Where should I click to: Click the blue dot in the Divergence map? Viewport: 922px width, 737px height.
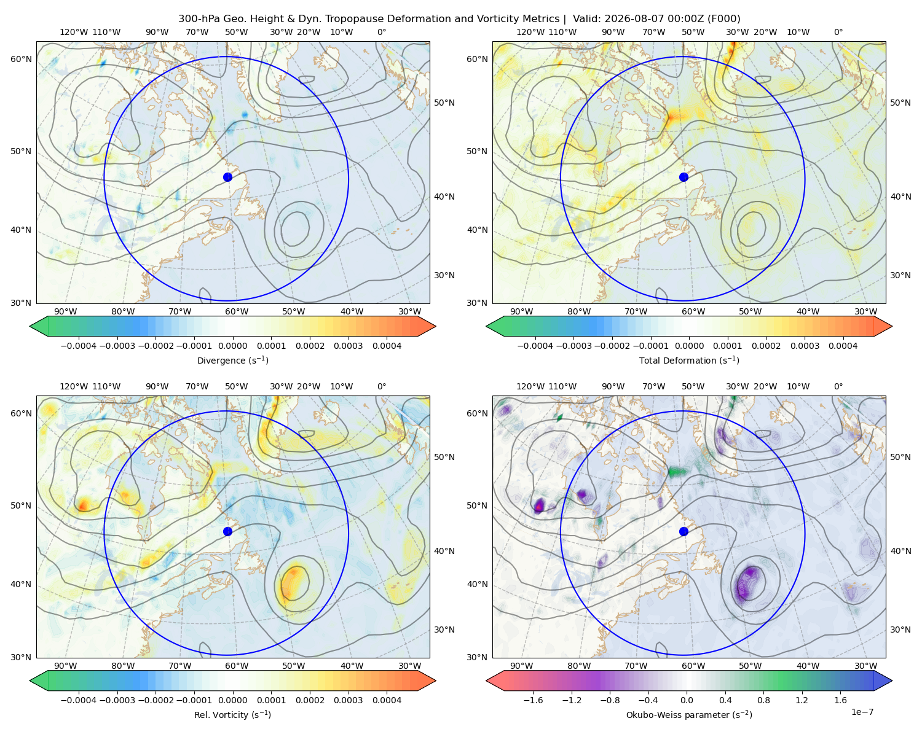(227, 177)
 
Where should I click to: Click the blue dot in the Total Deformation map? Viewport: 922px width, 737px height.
(684, 177)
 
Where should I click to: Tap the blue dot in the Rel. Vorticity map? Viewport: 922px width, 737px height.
(227, 531)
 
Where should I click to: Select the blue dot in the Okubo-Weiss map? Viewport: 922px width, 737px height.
(684, 531)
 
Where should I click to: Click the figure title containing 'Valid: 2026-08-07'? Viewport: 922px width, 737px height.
(459, 19)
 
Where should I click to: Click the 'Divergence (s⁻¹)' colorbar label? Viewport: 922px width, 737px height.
(232, 360)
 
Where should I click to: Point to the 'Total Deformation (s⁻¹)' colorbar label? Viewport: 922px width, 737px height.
(689, 360)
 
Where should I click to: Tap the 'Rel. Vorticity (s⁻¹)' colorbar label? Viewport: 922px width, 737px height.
(232, 715)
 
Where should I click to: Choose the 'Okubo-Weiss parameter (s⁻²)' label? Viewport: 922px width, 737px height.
(689, 715)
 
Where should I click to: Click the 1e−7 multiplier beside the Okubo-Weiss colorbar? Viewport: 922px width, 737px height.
(862, 712)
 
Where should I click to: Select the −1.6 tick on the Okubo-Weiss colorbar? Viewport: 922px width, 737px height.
(533, 700)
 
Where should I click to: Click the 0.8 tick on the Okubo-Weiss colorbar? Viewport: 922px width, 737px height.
(763, 700)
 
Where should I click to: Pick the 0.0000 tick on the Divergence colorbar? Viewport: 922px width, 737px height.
(232, 346)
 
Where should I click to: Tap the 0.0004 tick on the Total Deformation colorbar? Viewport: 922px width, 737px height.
(843, 346)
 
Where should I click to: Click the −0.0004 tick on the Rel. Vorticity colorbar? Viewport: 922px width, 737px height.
(79, 700)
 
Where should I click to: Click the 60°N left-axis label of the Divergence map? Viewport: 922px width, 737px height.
(21, 59)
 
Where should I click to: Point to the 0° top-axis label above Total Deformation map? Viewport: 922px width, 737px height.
(838, 32)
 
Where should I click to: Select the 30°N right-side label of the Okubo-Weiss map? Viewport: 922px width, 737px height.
(900, 630)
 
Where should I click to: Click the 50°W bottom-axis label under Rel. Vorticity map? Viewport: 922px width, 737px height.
(293, 666)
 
